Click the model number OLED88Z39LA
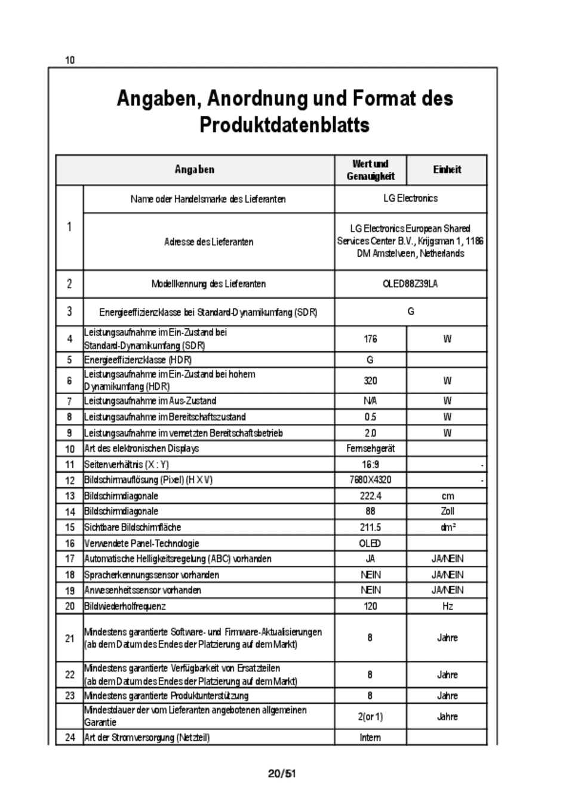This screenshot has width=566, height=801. pyautogui.click(x=410, y=284)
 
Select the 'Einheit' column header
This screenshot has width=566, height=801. pyautogui.click(x=447, y=170)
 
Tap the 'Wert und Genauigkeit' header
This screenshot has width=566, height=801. pyautogui.click(x=370, y=170)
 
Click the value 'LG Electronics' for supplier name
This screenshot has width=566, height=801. pyautogui.click(x=410, y=198)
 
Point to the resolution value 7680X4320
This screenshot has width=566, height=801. pyautogui.click(x=370, y=480)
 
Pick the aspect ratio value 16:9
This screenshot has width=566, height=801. pyautogui.click(x=370, y=464)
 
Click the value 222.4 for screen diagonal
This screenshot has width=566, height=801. pyautogui.click(x=370, y=496)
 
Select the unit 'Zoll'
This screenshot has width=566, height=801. pyautogui.click(x=447, y=512)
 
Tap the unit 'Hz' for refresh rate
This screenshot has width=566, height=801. pyautogui.click(x=447, y=606)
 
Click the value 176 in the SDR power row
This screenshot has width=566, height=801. pyautogui.click(x=370, y=339)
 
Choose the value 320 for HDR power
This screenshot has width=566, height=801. pyautogui.click(x=370, y=381)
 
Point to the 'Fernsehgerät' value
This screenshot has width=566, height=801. pyautogui.click(x=370, y=448)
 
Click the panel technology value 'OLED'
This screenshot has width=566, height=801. pyautogui.click(x=370, y=544)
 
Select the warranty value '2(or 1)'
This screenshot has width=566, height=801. pyautogui.click(x=370, y=717)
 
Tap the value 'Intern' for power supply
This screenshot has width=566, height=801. pyautogui.click(x=370, y=738)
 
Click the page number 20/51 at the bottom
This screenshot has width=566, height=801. pyautogui.click(x=282, y=774)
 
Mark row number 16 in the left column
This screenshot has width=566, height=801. pyautogui.click(x=70, y=544)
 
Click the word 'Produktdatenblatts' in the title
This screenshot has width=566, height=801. pyautogui.click(x=284, y=125)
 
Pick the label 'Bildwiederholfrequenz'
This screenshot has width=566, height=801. pyautogui.click(x=125, y=606)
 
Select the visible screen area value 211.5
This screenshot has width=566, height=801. pyautogui.click(x=370, y=528)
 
